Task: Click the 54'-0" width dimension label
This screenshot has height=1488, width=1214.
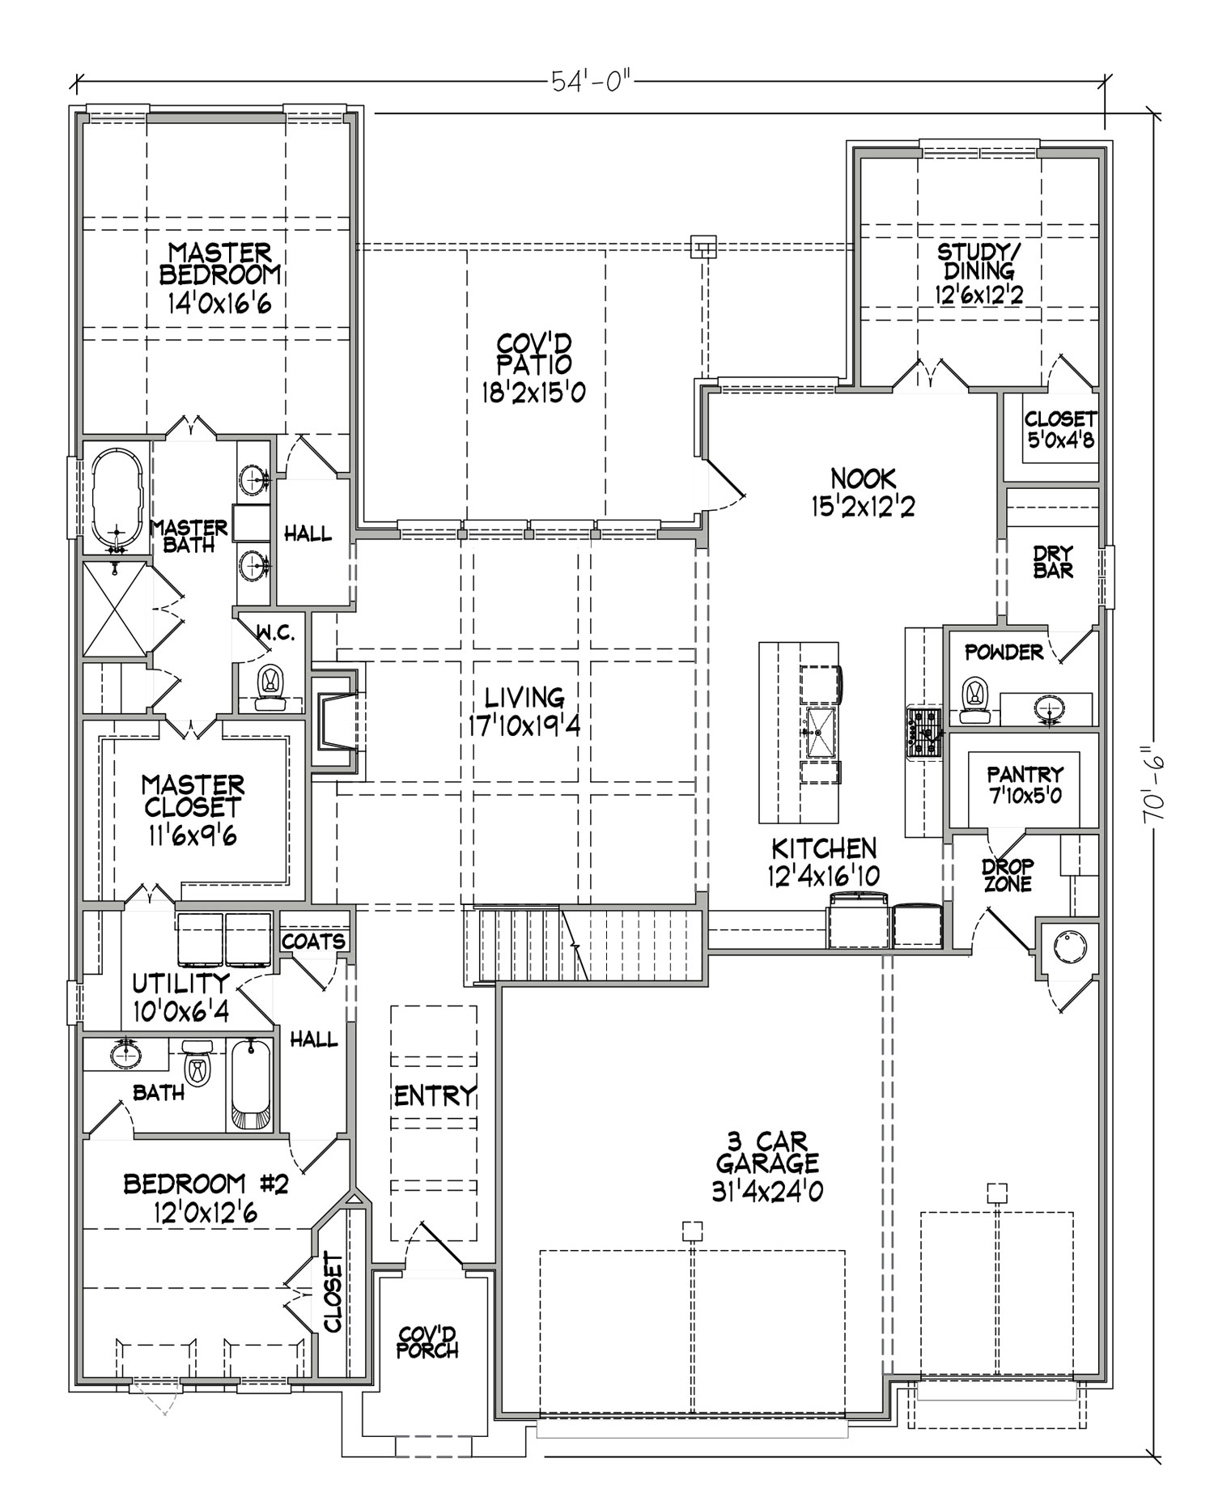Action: (591, 83)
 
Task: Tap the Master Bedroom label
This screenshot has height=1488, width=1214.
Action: (219, 264)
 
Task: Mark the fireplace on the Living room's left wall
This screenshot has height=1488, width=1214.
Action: (334, 719)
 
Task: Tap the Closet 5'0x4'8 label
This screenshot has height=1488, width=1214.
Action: (1060, 429)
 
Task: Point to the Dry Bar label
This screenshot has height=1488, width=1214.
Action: (1053, 563)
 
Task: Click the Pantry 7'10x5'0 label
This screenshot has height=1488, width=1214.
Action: (1024, 785)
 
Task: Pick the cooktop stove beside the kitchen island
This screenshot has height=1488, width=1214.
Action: (923, 733)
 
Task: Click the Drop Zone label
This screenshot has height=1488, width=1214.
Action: (1008, 874)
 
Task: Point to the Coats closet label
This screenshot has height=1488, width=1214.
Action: (313, 942)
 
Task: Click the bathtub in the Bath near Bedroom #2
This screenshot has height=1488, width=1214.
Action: (252, 1085)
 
